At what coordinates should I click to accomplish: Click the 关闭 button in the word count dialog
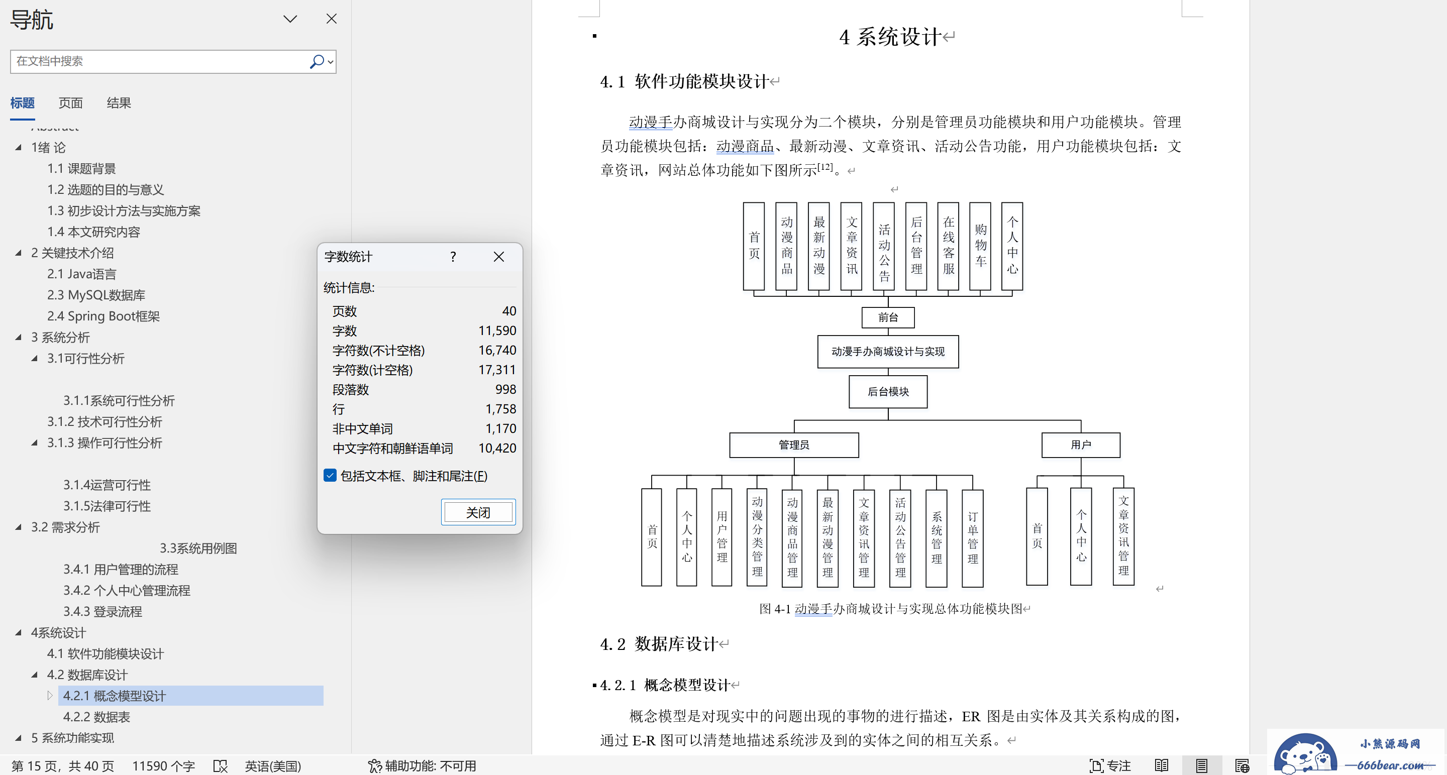coord(478,512)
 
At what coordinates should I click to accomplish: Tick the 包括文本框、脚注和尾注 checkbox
coord(330,476)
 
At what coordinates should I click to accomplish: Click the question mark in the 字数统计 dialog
coord(453,257)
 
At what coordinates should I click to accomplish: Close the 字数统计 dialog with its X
coord(499,257)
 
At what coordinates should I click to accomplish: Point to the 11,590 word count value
coord(497,331)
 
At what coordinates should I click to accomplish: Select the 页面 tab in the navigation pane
coord(71,103)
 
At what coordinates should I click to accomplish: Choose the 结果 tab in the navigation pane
coord(119,103)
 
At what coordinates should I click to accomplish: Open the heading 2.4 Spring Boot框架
coord(104,316)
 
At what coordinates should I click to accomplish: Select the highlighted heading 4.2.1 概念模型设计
coord(115,696)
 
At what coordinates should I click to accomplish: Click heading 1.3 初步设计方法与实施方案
coord(124,210)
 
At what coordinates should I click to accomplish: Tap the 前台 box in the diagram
coord(888,317)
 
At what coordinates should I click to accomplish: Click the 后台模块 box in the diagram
coord(888,391)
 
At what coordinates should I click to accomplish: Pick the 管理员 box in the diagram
coord(794,445)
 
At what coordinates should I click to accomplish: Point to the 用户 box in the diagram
coord(1081,445)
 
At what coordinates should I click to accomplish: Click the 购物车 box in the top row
coord(980,246)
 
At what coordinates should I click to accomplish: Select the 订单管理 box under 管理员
coord(972,538)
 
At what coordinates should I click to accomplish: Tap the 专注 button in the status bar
coord(1110,765)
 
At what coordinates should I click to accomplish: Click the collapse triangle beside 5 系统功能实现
coord(19,738)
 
